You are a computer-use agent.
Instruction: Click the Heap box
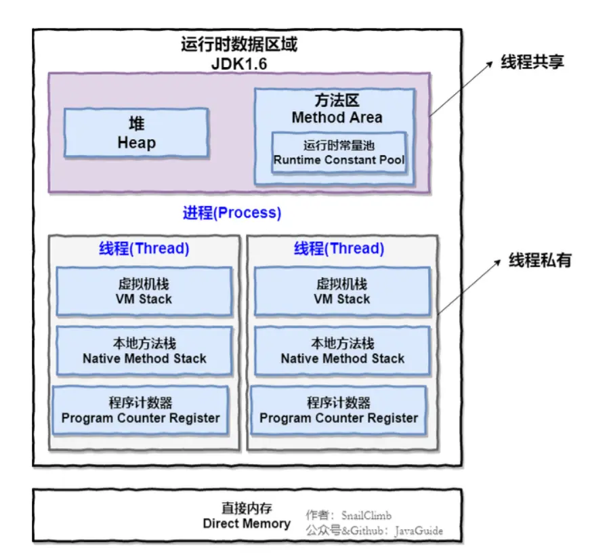point(136,133)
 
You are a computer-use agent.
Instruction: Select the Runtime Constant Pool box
point(339,152)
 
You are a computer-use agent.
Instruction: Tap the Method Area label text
point(337,117)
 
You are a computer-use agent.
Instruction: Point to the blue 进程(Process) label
point(232,213)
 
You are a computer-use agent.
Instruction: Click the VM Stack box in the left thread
point(145,291)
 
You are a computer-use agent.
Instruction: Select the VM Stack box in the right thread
point(342,291)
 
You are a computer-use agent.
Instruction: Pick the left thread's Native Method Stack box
point(144,351)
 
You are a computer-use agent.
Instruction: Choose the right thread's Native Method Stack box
point(342,351)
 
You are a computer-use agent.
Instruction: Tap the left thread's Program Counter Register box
point(140,411)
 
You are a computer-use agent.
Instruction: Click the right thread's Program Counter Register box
point(339,411)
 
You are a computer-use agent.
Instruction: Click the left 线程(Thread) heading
point(144,249)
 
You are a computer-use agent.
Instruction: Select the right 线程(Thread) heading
point(339,249)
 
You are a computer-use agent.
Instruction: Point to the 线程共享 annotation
point(532,62)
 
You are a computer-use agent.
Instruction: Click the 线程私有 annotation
point(540,260)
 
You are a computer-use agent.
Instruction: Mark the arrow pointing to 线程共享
point(461,88)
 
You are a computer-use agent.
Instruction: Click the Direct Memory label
point(247,523)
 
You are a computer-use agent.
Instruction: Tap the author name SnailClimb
point(366,516)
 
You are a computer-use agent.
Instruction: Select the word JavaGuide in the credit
point(420,531)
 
